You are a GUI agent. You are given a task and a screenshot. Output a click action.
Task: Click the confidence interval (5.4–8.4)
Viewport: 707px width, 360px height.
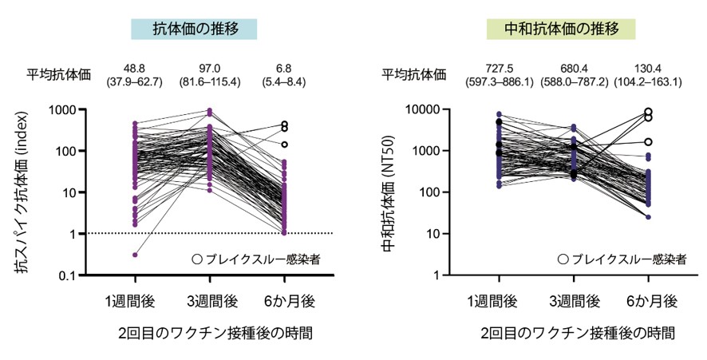pos(285,81)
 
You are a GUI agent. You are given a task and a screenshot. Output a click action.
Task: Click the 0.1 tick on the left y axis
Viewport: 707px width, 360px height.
pos(82,275)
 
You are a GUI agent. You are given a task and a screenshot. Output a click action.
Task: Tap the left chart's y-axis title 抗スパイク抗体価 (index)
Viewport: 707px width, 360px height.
pos(26,192)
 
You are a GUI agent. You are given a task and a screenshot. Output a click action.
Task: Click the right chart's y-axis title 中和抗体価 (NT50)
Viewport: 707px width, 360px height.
pos(390,192)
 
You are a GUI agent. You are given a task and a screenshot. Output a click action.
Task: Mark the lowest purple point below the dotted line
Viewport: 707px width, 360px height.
pos(134,255)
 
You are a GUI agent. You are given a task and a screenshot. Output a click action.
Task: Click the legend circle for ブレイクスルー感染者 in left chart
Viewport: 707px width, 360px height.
pos(197,259)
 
